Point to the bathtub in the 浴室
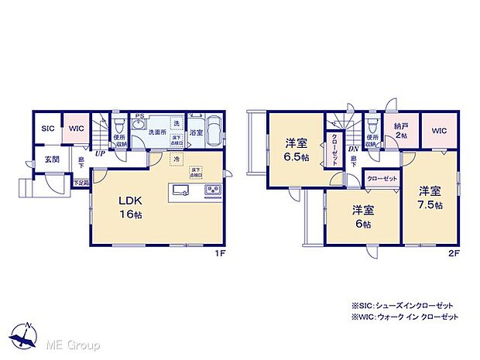[211, 129]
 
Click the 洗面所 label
[158, 132]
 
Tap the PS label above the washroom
[140, 118]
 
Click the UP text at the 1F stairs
[100, 153]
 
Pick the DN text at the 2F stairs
[352, 149]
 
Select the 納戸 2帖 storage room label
[400, 129]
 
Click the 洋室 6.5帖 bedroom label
[297, 147]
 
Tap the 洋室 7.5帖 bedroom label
[431, 197]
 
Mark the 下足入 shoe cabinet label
[81, 183]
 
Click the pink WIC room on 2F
[437, 130]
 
